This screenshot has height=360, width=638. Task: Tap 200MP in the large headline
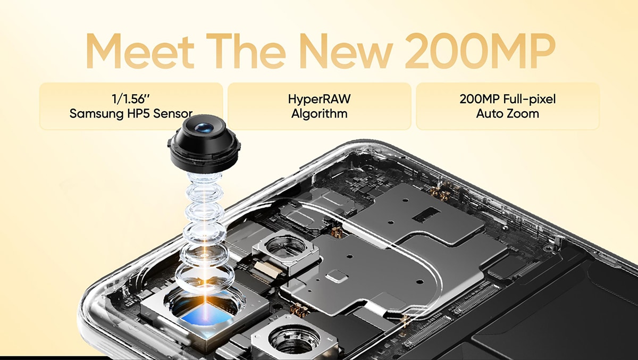[480, 51]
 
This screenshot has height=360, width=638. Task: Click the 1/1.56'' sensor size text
[131, 99]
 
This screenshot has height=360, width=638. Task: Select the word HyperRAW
[320, 99]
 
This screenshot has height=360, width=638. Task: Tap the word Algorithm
[320, 114]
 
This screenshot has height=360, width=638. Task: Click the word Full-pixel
[530, 99]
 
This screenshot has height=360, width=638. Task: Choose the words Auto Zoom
[508, 114]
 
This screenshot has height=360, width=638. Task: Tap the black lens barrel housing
[204, 145]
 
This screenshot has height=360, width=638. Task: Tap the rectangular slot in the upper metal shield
[426, 214]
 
